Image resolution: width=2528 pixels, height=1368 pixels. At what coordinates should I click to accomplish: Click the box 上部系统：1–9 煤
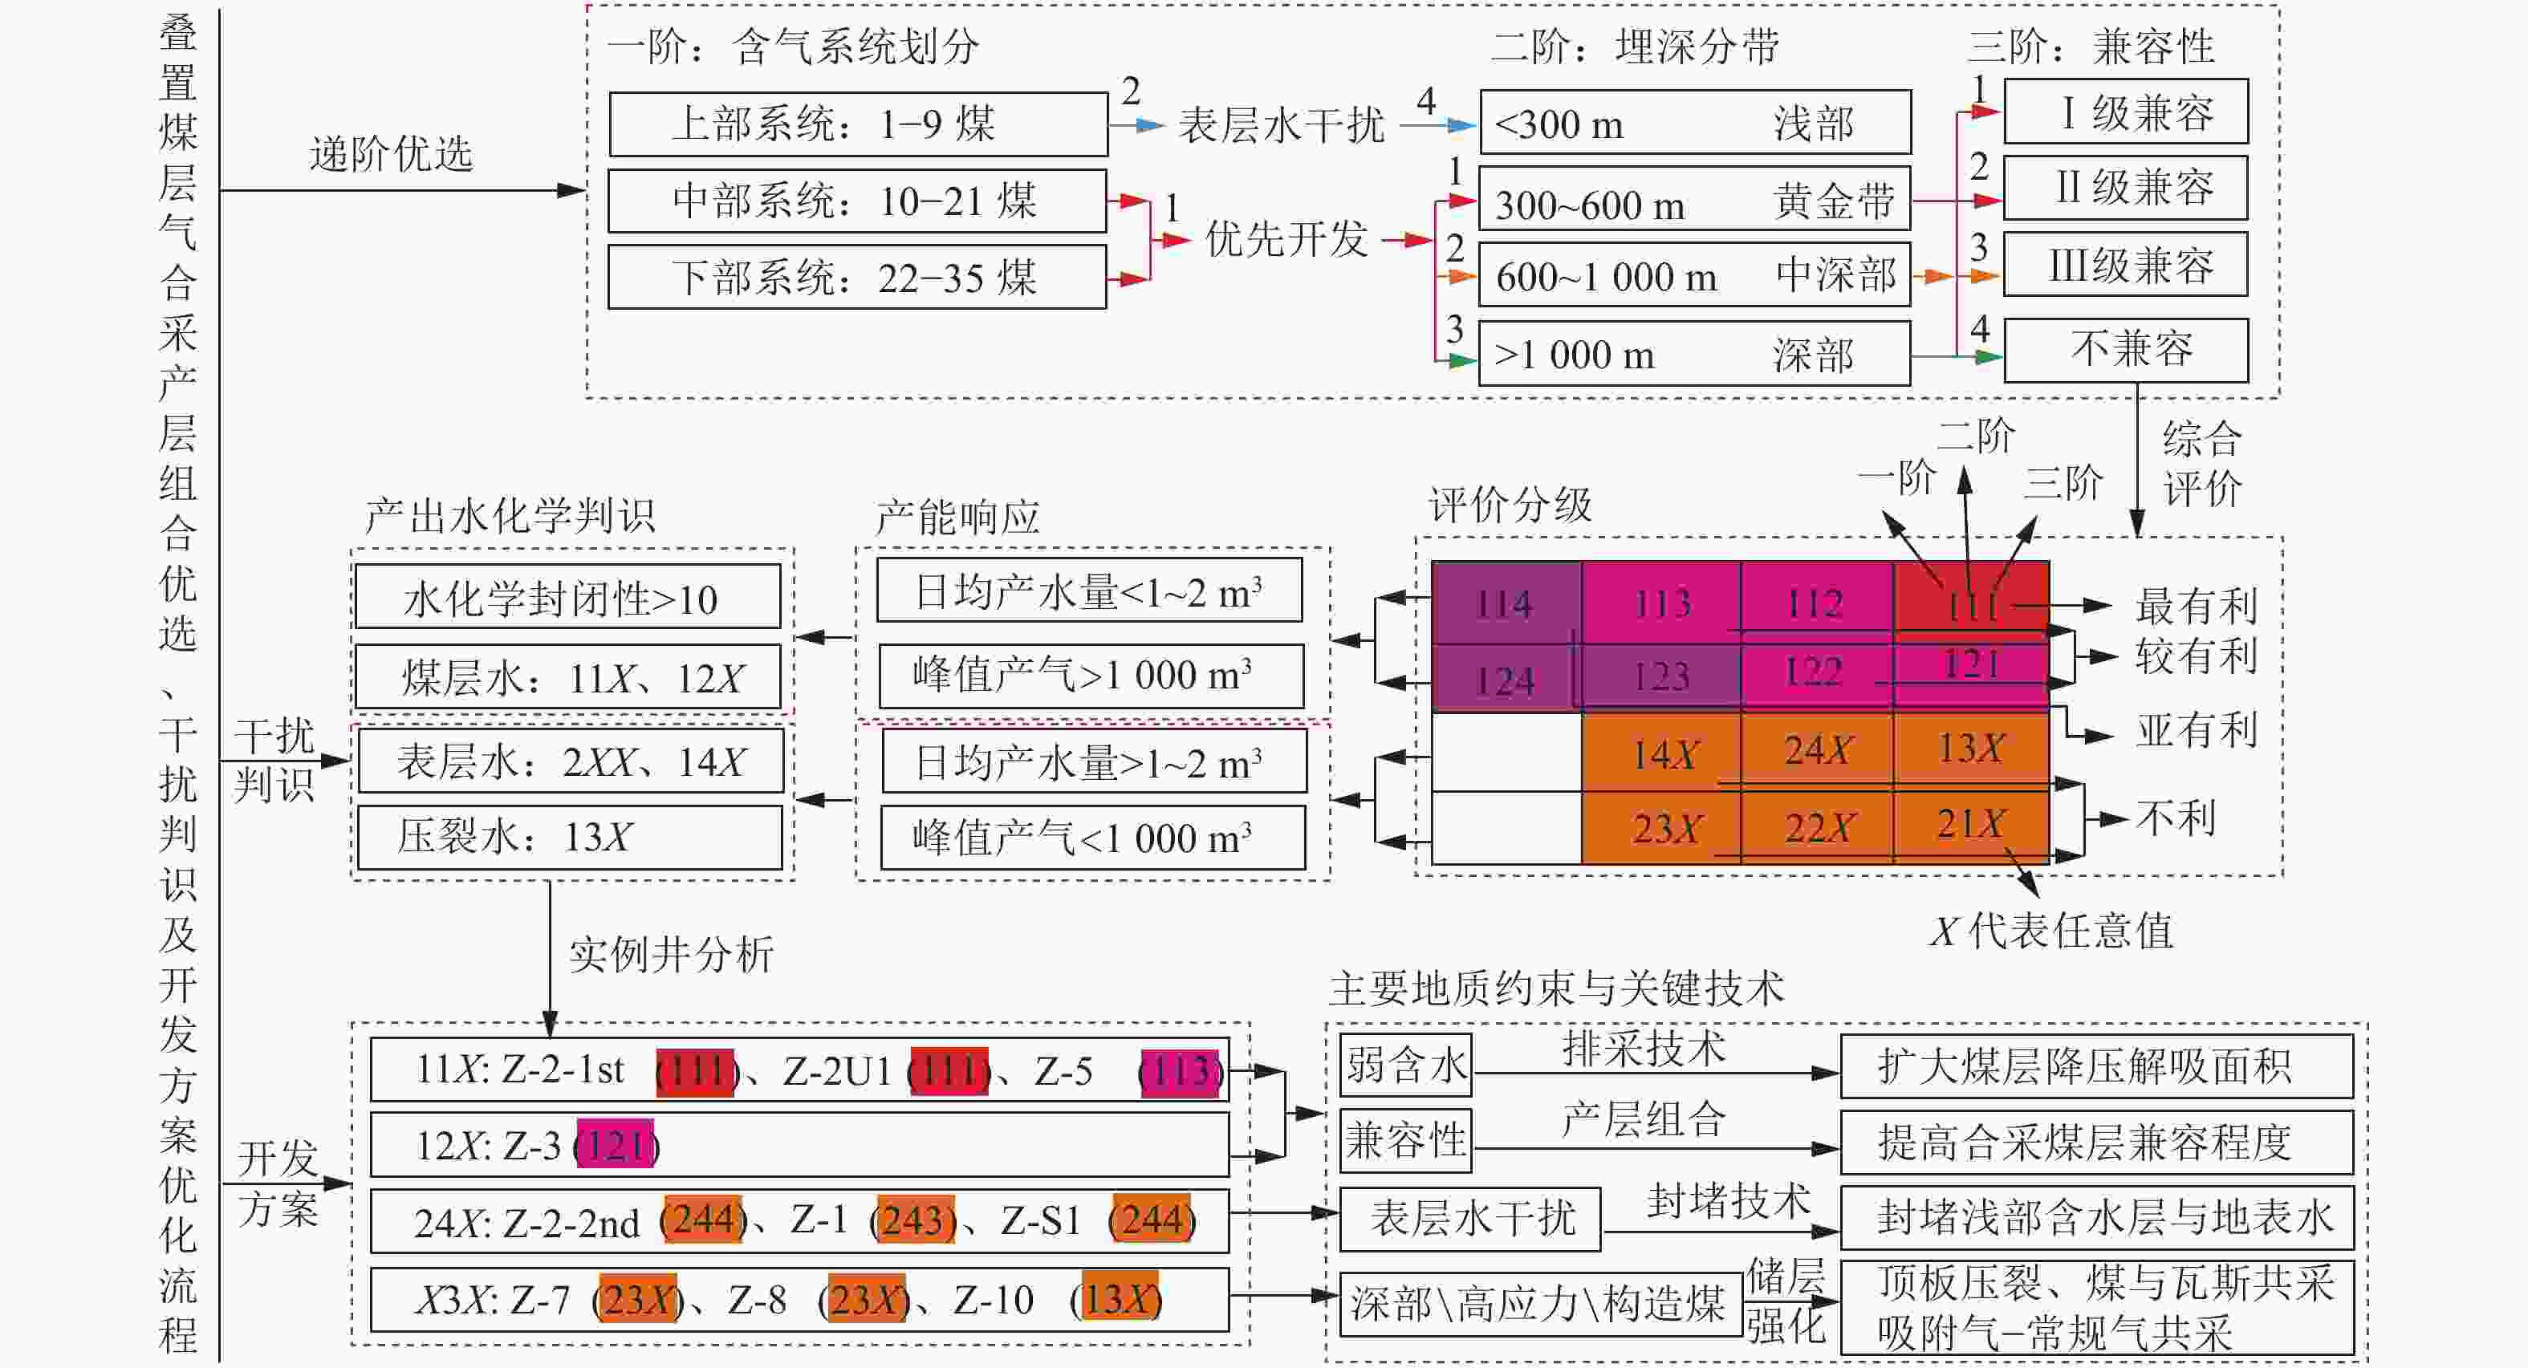[x=858, y=124]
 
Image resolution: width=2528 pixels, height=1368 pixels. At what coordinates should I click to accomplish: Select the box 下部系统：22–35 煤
[x=856, y=278]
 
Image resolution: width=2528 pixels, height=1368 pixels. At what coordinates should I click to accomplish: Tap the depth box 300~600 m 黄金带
[x=1694, y=201]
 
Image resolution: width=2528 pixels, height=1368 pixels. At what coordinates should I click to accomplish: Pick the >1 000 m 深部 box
[x=1694, y=353]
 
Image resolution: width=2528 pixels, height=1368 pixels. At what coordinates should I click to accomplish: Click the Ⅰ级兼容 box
[x=2124, y=112]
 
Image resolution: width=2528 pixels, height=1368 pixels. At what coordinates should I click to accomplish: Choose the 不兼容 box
[x=2124, y=349]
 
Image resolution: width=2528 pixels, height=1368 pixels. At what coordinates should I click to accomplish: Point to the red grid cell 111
[x=1970, y=602]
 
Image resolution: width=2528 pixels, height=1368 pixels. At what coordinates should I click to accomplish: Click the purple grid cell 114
[x=1506, y=603]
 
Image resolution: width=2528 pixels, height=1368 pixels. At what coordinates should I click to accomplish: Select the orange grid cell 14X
[x=1662, y=753]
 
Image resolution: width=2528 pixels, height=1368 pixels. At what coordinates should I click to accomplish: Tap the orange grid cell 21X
[x=1970, y=824]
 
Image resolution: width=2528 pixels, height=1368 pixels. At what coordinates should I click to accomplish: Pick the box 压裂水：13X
[x=569, y=837]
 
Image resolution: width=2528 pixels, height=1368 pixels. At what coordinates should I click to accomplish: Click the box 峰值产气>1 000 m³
[x=1091, y=675]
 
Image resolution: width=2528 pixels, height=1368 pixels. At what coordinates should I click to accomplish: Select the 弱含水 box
[x=1405, y=1065]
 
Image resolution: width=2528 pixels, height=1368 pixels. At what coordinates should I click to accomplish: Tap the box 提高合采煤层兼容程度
[x=2095, y=1141]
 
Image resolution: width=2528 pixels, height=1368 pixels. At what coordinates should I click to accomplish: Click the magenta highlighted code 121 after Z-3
[x=616, y=1144]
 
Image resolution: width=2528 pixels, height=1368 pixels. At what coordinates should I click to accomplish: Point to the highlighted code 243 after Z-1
[x=916, y=1220]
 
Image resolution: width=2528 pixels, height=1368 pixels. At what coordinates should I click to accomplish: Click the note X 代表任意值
[x=2051, y=930]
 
